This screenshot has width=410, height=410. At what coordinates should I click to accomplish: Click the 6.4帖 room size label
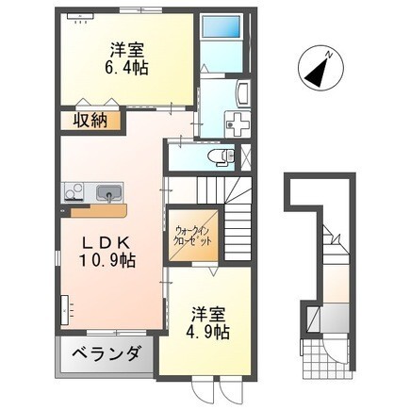tap(126, 67)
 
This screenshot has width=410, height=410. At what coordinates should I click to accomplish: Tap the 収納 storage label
tap(90, 120)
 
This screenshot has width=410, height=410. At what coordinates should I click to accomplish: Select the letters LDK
tap(106, 243)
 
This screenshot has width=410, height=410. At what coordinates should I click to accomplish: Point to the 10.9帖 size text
tap(107, 260)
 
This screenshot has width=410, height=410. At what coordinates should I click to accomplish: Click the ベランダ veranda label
tap(106, 354)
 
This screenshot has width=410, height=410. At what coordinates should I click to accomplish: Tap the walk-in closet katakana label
tap(192, 237)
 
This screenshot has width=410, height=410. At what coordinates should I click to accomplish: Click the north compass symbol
tap(320, 68)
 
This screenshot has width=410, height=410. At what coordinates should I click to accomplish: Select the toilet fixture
tap(222, 156)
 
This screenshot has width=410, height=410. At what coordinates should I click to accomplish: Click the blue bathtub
tap(221, 27)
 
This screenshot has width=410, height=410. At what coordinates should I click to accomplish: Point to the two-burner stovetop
tap(74, 191)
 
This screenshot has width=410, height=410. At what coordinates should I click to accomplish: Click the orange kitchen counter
tap(98, 210)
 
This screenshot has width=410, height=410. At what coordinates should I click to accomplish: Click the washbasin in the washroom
tap(243, 92)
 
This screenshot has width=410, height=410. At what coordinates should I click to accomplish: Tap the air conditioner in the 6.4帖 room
tap(80, 16)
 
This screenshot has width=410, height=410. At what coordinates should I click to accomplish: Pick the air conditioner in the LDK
tap(65, 310)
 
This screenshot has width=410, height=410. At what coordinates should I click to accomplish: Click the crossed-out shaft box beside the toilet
tap(246, 156)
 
